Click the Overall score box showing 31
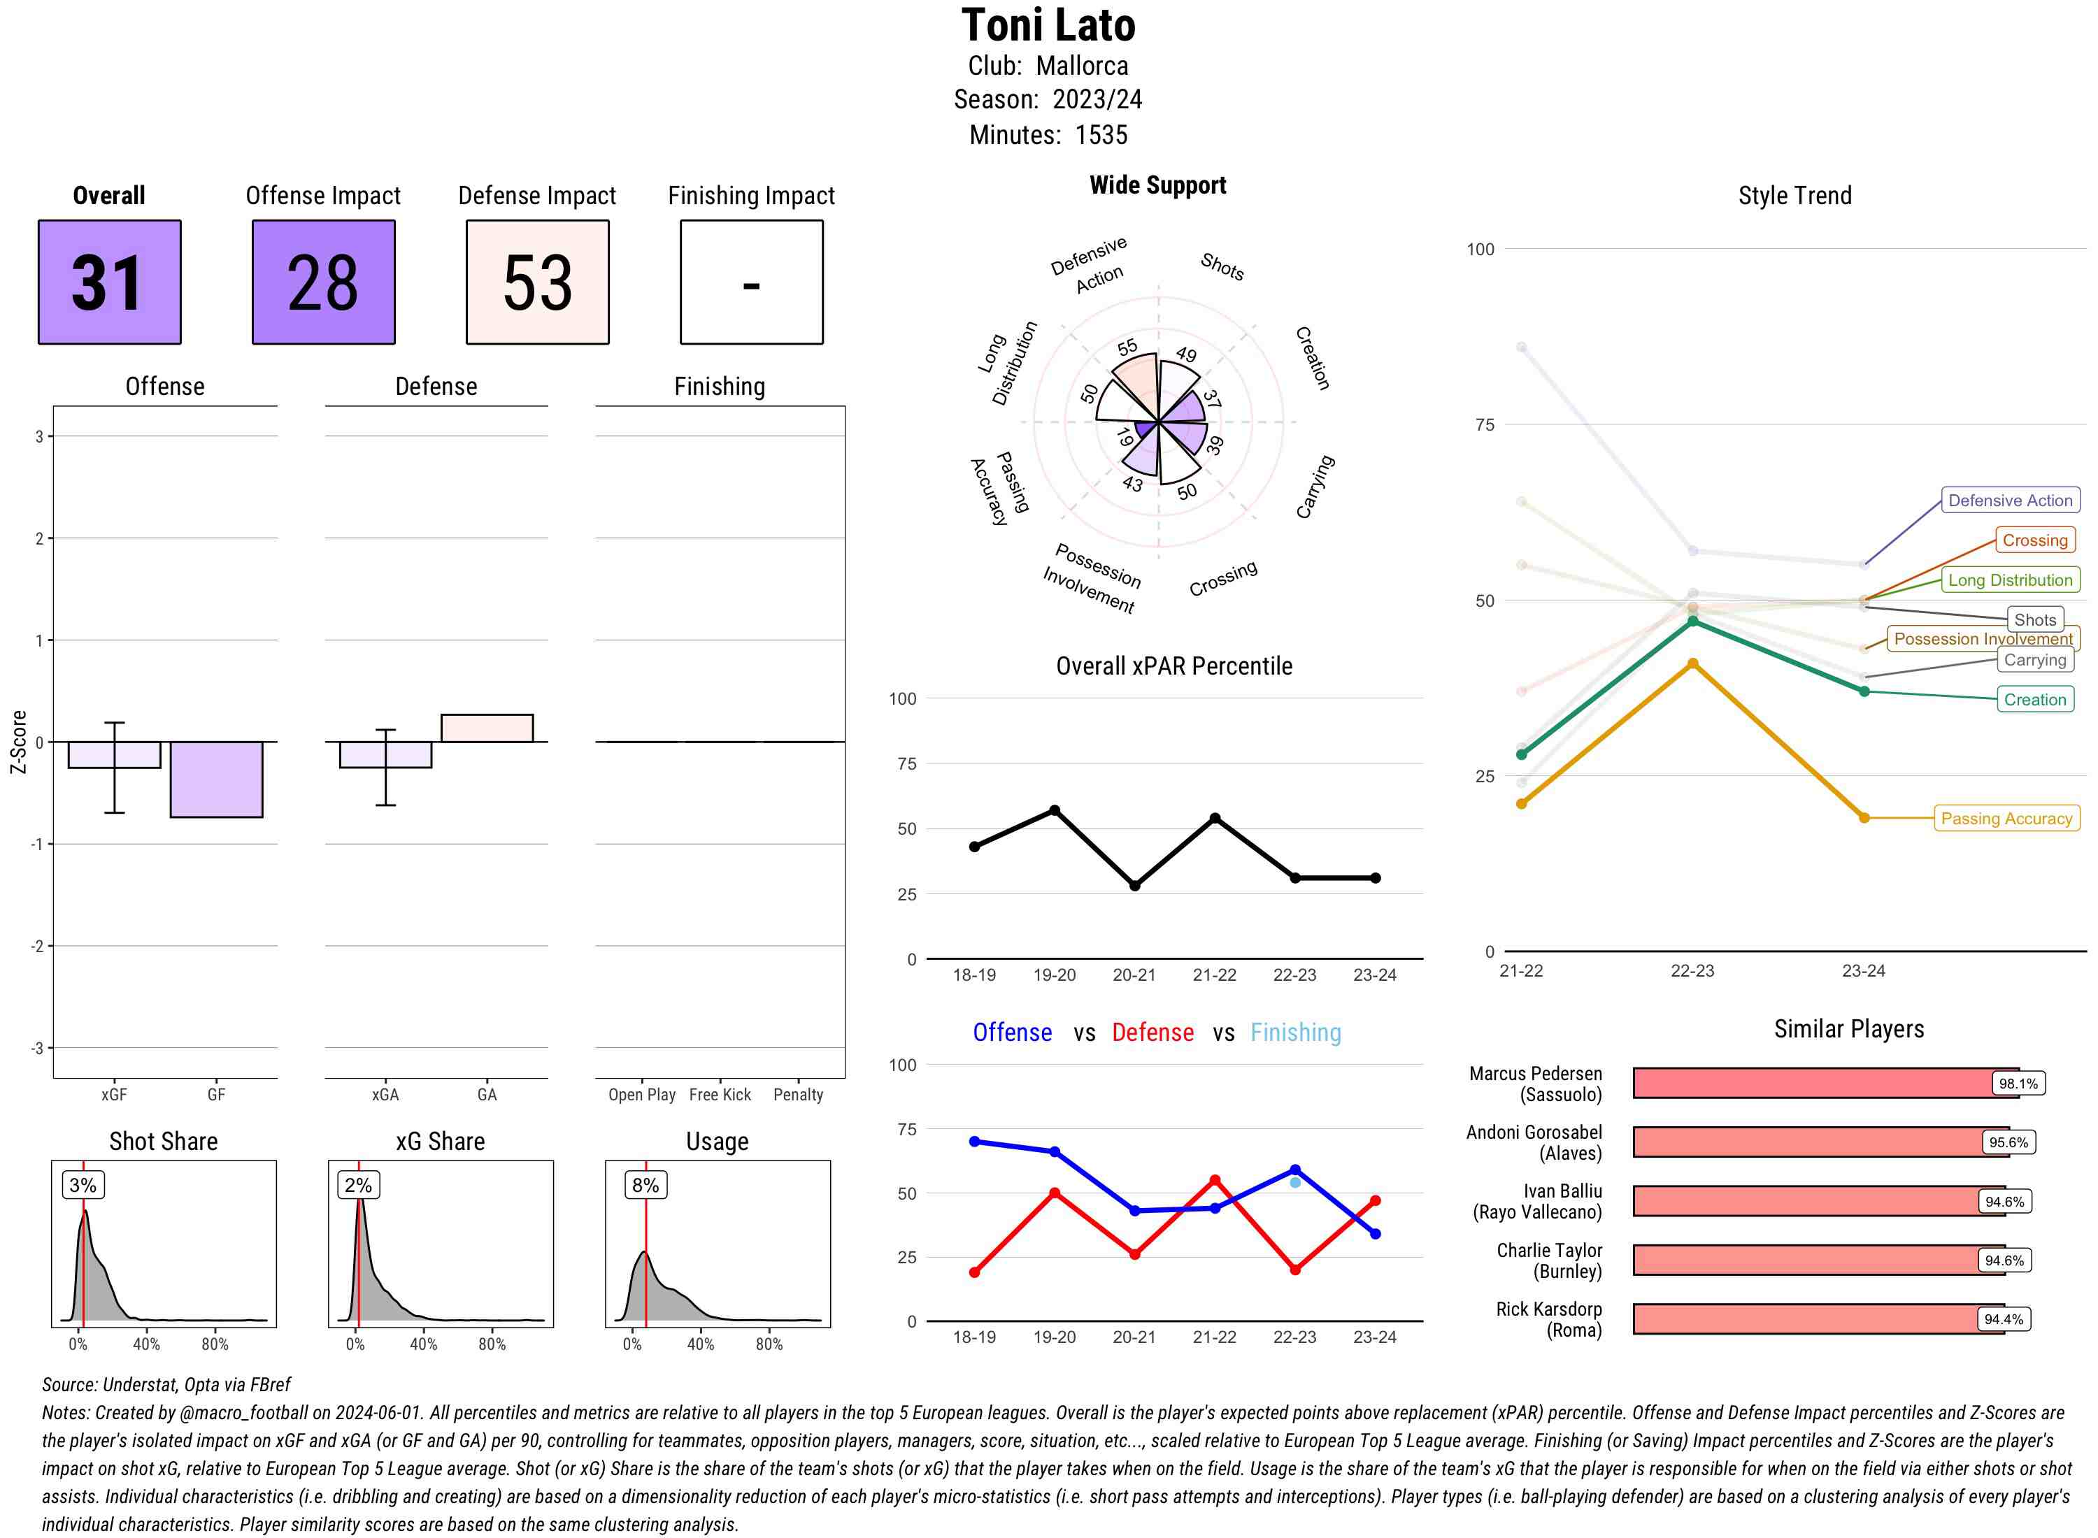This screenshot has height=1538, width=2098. [109, 282]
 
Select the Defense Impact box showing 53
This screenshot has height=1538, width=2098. [537, 282]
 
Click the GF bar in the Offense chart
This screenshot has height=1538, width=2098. [216, 779]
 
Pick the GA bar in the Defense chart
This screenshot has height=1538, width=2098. [487, 728]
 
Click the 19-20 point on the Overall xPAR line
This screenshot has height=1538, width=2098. [1054, 810]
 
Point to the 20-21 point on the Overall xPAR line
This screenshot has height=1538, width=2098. [1134, 885]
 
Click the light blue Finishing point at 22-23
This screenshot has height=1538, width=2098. [1294, 1182]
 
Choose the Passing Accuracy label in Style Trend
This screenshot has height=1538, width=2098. [2006, 819]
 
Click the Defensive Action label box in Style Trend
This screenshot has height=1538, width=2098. [2010, 500]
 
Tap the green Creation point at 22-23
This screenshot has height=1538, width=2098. [1692, 621]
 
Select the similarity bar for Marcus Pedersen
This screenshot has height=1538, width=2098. [1825, 1083]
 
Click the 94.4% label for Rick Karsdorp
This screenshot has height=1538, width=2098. [2003, 1318]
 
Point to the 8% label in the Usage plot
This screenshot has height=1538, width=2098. [645, 1185]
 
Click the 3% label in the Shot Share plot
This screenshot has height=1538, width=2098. [83, 1185]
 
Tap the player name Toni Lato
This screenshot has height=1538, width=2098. [1048, 25]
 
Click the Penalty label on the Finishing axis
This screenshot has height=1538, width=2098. [798, 1094]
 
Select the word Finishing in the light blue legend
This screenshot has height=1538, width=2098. [1295, 1032]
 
